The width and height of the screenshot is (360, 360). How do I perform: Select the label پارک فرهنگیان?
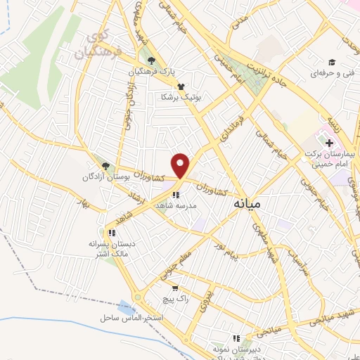coord(152,71)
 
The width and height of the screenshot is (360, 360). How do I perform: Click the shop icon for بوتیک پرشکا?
coord(181,86)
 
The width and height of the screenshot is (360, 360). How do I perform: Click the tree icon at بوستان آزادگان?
coord(105,165)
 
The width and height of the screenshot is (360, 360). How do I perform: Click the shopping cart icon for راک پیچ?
coord(175,288)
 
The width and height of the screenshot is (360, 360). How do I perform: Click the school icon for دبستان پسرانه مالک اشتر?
coord(111,232)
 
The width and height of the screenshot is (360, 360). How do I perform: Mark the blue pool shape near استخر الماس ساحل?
coord(127,307)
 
